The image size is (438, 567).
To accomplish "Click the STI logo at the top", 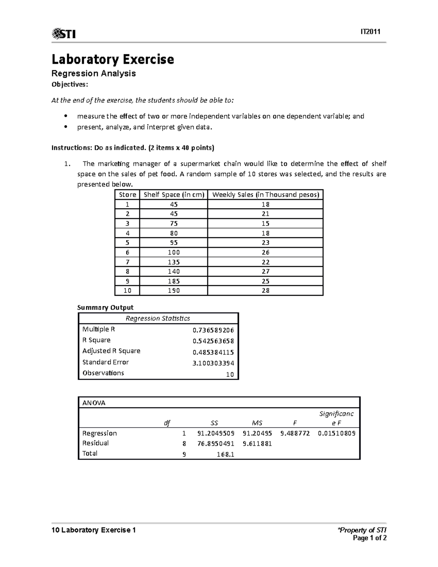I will click(x=64, y=34).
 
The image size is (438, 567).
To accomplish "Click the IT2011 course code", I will click(x=370, y=32).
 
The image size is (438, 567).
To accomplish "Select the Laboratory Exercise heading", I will click(x=113, y=59).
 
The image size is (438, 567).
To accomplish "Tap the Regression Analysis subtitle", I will click(x=94, y=73).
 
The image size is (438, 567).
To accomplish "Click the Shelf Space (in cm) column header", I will click(x=174, y=195).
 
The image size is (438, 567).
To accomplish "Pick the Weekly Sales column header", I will click(x=265, y=195).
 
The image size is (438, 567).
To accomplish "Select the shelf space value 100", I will click(x=174, y=252).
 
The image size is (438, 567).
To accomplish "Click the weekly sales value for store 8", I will click(x=265, y=271).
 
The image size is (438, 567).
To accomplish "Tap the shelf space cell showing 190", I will click(x=174, y=291).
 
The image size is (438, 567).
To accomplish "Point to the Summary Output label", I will click(x=105, y=307).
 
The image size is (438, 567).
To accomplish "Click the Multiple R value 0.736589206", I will click(x=213, y=330).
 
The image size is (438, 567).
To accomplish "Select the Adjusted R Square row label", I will click(x=111, y=351).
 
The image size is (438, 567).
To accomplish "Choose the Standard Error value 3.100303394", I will click(x=213, y=363).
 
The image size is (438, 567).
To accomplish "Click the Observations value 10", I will click(x=230, y=375).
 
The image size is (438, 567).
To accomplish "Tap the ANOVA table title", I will click(x=94, y=403).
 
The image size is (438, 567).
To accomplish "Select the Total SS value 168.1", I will click(x=225, y=455).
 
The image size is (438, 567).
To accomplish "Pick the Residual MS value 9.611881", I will click(x=257, y=444).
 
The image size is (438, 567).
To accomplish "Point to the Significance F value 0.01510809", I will click(x=337, y=433).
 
